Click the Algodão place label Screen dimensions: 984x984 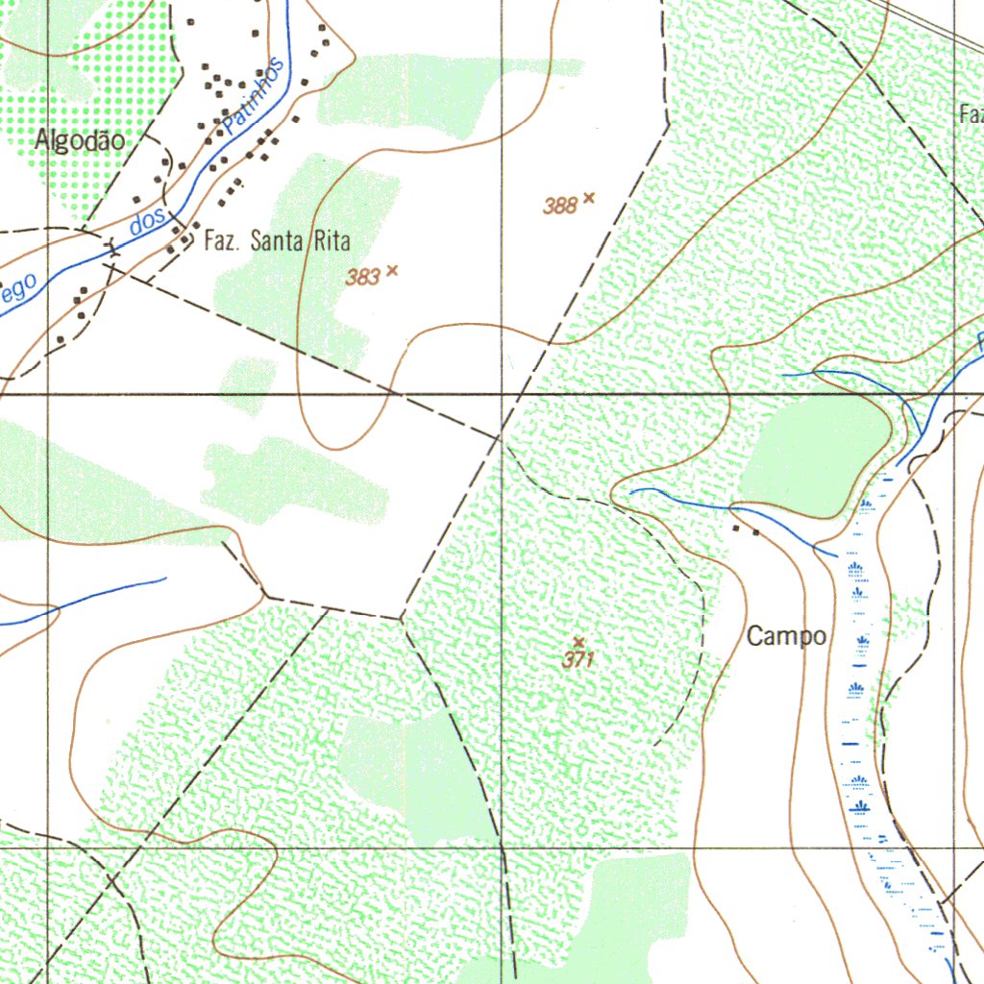click(79, 140)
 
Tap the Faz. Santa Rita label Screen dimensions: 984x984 click(277, 241)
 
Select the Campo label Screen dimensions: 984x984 click(786, 636)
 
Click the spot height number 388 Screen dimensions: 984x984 click(559, 205)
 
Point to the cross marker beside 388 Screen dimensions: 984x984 click(589, 198)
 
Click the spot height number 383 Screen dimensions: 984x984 click(362, 278)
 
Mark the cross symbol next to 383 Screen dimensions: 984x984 click(391, 271)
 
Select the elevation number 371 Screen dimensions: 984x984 click(579, 660)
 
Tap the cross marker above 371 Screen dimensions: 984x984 click(578, 641)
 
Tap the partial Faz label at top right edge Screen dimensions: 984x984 click(971, 113)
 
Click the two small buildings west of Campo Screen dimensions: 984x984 click(746, 529)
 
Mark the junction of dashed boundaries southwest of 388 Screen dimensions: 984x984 click(500, 437)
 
